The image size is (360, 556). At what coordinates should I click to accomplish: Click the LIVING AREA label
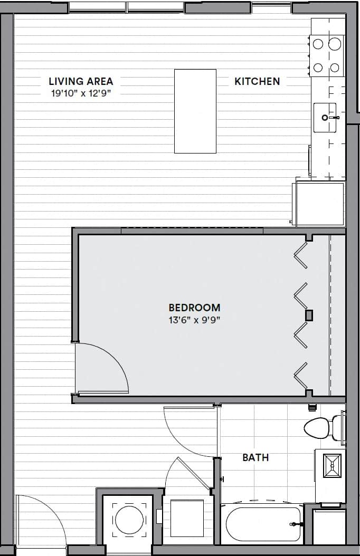pyautogui.click(x=81, y=81)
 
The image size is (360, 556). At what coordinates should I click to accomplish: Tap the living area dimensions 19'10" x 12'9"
pyautogui.click(x=81, y=93)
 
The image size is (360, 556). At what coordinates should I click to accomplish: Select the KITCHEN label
pyautogui.click(x=257, y=81)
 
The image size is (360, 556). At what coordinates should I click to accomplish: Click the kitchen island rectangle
pyautogui.click(x=195, y=111)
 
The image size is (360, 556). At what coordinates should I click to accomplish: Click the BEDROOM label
pyautogui.click(x=194, y=308)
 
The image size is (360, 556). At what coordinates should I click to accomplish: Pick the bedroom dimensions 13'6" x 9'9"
pyautogui.click(x=194, y=319)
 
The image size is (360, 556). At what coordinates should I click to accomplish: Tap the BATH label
pyautogui.click(x=255, y=457)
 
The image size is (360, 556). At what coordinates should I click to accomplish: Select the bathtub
pyautogui.click(x=263, y=524)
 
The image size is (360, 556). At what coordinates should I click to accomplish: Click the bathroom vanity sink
pyautogui.click(x=332, y=465)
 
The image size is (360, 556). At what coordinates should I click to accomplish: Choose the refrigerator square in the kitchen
pyautogui.click(x=320, y=203)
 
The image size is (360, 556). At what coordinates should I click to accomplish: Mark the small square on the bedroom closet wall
pyautogui.click(x=309, y=315)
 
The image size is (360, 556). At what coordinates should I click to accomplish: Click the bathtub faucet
pyautogui.click(x=293, y=524)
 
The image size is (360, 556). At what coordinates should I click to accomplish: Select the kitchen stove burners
pyautogui.click(x=326, y=55)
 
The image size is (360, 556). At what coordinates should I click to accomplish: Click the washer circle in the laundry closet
pyautogui.click(x=129, y=520)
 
